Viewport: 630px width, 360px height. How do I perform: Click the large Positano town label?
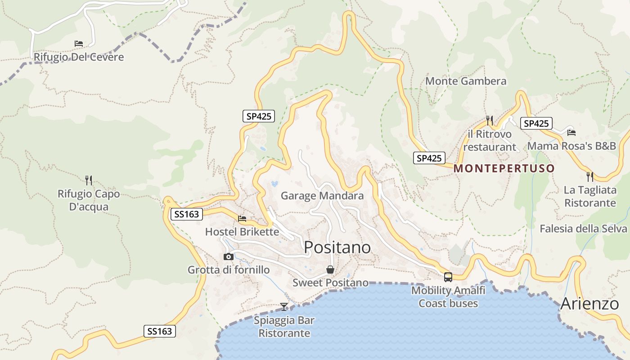[x=337, y=247]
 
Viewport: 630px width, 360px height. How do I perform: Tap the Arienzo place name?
[x=589, y=304]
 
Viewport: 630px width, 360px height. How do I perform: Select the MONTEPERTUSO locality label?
[x=504, y=169]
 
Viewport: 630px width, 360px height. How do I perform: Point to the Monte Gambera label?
[x=466, y=81]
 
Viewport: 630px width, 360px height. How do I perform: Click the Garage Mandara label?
[x=322, y=196]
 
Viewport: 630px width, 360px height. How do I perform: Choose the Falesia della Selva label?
[x=585, y=229]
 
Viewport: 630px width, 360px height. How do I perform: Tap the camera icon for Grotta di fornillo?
[x=229, y=256]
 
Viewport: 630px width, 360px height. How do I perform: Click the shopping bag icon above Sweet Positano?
[x=330, y=270]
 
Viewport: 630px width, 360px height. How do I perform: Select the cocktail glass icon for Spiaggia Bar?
[x=284, y=306]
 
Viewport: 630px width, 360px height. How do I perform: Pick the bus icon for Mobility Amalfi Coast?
[x=448, y=277]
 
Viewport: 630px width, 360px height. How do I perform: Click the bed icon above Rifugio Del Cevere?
[x=79, y=44]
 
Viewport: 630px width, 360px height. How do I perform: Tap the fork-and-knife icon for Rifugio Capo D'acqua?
[x=89, y=180]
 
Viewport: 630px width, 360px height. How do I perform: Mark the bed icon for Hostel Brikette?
[x=242, y=219]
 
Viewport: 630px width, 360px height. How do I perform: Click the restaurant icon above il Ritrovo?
[x=490, y=120]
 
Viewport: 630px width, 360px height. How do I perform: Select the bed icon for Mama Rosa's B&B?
[x=571, y=132]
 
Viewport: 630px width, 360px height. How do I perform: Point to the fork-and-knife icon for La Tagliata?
[x=590, y=176]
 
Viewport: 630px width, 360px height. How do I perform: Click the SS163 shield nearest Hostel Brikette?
[x=187, y=214]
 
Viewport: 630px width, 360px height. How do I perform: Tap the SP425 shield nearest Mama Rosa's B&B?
[x=536, y=123]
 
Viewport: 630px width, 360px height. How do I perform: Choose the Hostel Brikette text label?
[x=242, y=232]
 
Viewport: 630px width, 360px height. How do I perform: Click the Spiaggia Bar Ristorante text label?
[x=284, y=327]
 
